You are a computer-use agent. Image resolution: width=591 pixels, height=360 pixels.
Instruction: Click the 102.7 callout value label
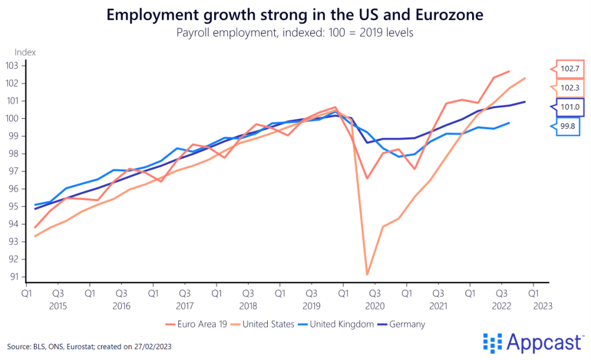click(x=570, y=69)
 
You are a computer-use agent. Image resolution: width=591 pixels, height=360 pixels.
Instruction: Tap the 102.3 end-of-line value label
click(x=570, y=88)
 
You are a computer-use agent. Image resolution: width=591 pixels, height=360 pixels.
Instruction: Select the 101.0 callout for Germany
click(x=570, y=107)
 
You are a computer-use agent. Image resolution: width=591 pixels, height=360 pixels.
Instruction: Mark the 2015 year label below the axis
click(x=58, y=306)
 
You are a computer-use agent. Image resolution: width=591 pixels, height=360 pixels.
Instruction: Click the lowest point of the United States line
click(x=367, y=275)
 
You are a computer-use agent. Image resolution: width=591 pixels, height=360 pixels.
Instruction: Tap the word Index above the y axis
click(x=25, y=52)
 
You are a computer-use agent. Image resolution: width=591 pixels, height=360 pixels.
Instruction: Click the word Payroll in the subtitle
click(x=193, y=33)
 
